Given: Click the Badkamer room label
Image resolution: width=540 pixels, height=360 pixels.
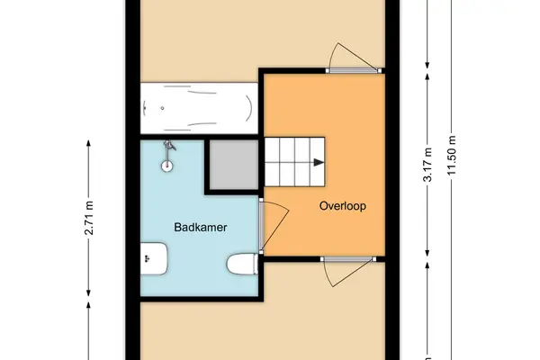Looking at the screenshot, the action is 201,228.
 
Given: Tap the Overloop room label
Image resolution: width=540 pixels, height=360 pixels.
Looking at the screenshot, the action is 343,206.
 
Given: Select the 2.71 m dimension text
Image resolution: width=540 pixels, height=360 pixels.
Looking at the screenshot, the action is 89,218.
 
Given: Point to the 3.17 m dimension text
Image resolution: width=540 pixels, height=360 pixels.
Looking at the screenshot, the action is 427,165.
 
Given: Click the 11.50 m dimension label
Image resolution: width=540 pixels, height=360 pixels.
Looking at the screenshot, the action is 452,156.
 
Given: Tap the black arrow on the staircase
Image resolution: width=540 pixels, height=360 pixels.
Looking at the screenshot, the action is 319,163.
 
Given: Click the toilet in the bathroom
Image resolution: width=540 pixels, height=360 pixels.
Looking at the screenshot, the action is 242,265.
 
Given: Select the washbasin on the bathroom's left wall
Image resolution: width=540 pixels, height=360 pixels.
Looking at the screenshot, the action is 154,258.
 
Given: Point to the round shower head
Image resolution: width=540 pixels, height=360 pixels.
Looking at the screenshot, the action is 167,166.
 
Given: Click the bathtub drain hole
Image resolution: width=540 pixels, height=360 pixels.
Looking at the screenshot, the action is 162,108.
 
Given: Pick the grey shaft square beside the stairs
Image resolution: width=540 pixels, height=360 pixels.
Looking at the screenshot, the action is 234,165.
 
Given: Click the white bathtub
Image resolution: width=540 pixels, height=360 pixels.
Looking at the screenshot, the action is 200,108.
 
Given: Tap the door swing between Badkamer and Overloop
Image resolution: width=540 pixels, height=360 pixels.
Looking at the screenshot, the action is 274,226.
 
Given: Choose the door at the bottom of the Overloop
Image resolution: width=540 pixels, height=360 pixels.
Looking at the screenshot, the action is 347,272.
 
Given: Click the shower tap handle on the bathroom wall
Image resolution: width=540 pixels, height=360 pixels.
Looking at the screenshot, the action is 170,146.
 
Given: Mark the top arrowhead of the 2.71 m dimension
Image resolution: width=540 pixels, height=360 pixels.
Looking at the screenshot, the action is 88,143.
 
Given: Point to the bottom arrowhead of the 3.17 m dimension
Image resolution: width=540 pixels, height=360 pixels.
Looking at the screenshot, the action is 427,253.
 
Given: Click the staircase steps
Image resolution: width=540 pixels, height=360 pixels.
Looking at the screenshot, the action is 295,162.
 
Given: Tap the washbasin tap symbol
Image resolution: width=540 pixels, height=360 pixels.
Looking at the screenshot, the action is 148,258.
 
